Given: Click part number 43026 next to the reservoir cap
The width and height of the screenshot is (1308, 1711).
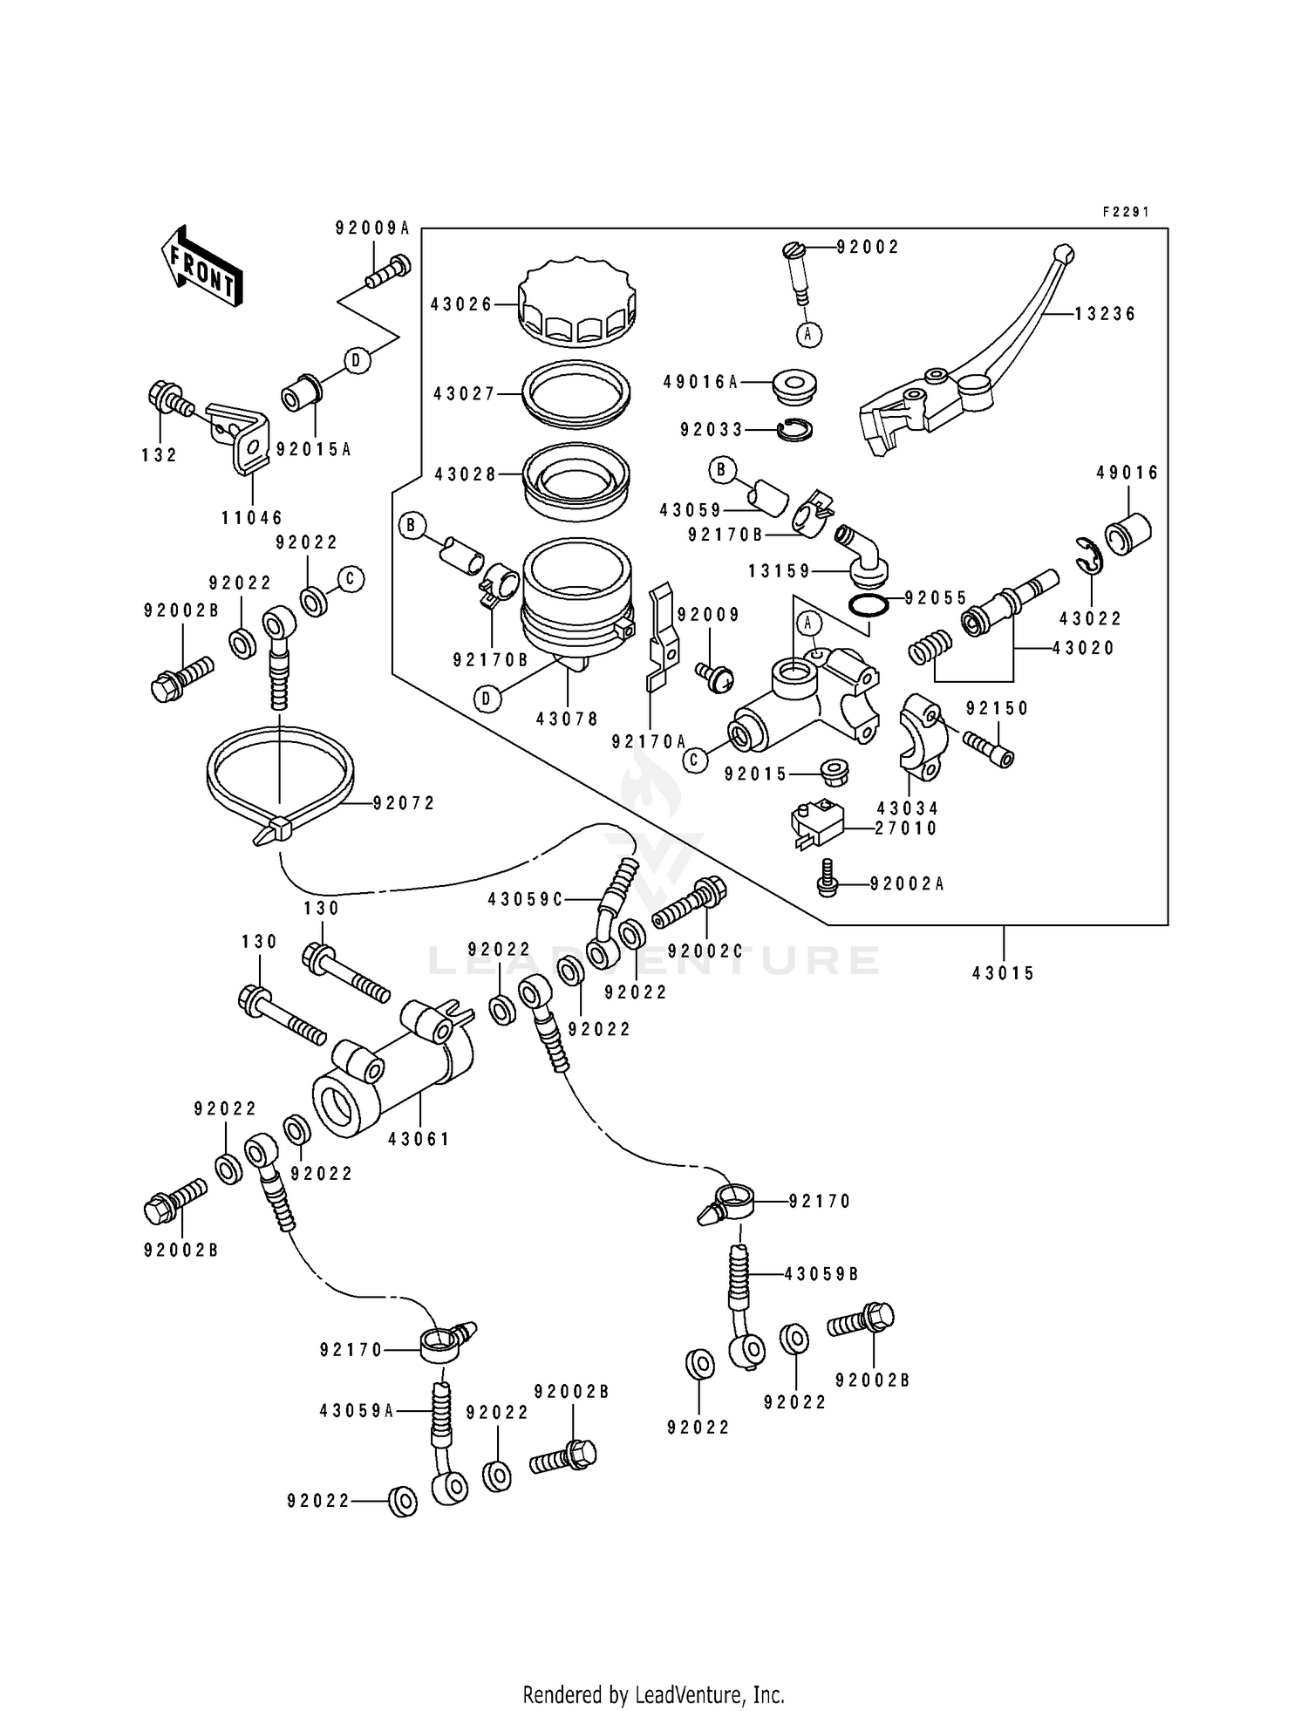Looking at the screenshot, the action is (460, 304).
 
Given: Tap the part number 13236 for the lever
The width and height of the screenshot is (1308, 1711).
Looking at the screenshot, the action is (1105, 314).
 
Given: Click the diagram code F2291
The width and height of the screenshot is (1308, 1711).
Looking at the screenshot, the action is (1126, 212).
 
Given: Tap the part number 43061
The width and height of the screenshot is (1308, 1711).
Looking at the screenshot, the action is (419, 1139).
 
